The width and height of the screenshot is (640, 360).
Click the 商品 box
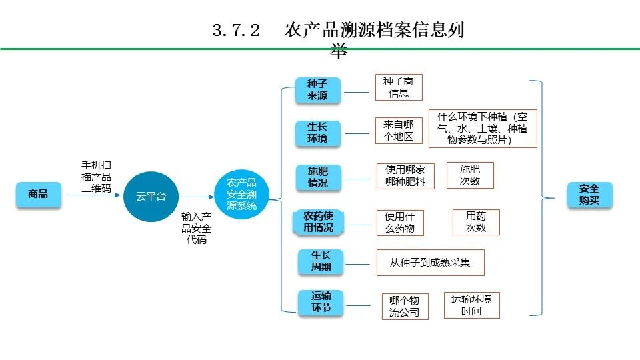point(38,195)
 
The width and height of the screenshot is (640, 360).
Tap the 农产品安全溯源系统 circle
point(241,194)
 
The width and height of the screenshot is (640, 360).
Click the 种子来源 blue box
point(317,90)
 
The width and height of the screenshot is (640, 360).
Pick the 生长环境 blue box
point(317,133)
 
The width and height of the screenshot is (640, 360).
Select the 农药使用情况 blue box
point(318,222)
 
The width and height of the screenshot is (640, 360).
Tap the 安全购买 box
point(589,194)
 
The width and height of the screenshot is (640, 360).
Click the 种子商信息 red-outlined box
point(398,87)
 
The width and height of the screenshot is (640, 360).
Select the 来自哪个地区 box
point(398,130)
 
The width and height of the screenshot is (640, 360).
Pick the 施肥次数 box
point(469,174)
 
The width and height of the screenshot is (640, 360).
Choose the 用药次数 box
point(475,222)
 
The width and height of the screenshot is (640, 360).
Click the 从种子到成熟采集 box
point(430,263)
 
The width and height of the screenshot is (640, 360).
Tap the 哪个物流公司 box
point(404,307)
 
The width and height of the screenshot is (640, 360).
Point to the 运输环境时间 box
point(471,305)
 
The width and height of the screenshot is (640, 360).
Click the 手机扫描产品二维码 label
point(96,176)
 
